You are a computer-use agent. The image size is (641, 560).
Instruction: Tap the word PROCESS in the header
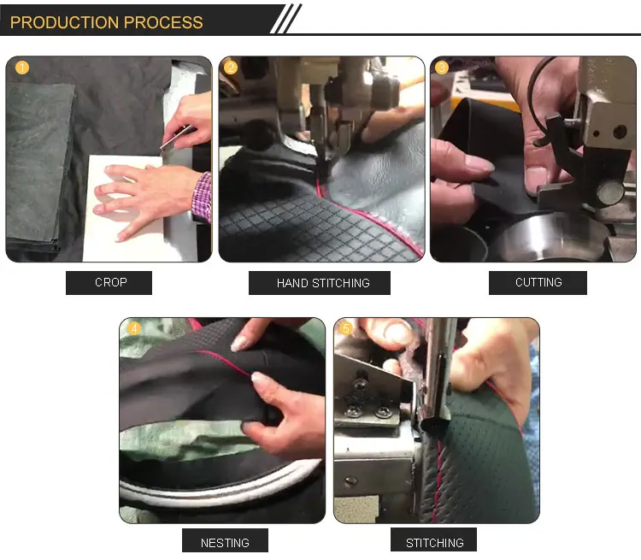[x=163, y=22]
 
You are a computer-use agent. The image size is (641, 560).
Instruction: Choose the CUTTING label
[x=538, y=283]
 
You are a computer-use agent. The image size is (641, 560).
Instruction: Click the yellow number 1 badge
[x=22, y=68]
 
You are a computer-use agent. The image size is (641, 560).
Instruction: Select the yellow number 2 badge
[x=231, y=68]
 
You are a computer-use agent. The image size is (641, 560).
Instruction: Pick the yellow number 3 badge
[x=442, y=68]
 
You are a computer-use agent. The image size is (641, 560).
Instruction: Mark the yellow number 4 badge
[x=134, y=328]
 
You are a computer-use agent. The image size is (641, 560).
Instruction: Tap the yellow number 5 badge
[x=346, y=328]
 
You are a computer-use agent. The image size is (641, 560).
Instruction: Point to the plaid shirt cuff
[x=202, y=197]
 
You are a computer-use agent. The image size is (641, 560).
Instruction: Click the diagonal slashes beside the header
[x=286, y=19]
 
